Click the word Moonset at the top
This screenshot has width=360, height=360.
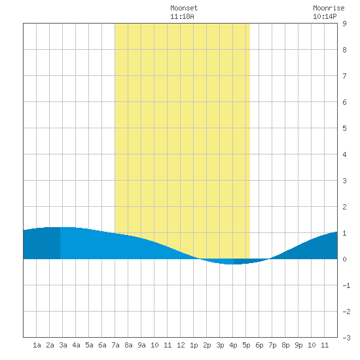184,8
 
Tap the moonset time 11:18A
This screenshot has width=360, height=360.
182,16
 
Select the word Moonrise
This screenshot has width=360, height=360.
329,8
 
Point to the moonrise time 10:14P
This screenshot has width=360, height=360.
325,16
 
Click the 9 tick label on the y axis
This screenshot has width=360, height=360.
344,24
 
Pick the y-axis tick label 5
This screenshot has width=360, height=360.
344,128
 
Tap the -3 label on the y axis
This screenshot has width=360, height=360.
346,338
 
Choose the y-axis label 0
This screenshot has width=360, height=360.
344,259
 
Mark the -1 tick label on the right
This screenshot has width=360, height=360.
346,285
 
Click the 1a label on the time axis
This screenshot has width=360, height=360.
37,345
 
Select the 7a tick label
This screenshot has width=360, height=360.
115,345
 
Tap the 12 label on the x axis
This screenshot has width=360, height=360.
181,345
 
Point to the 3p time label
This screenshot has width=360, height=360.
220,345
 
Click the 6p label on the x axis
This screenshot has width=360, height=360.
259,345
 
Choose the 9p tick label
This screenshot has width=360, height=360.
298,345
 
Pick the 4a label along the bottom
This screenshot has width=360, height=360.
76,345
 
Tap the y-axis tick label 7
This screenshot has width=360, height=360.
344,76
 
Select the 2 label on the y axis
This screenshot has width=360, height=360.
344,207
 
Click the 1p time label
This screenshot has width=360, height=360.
194,345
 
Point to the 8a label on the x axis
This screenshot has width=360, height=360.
128,345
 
